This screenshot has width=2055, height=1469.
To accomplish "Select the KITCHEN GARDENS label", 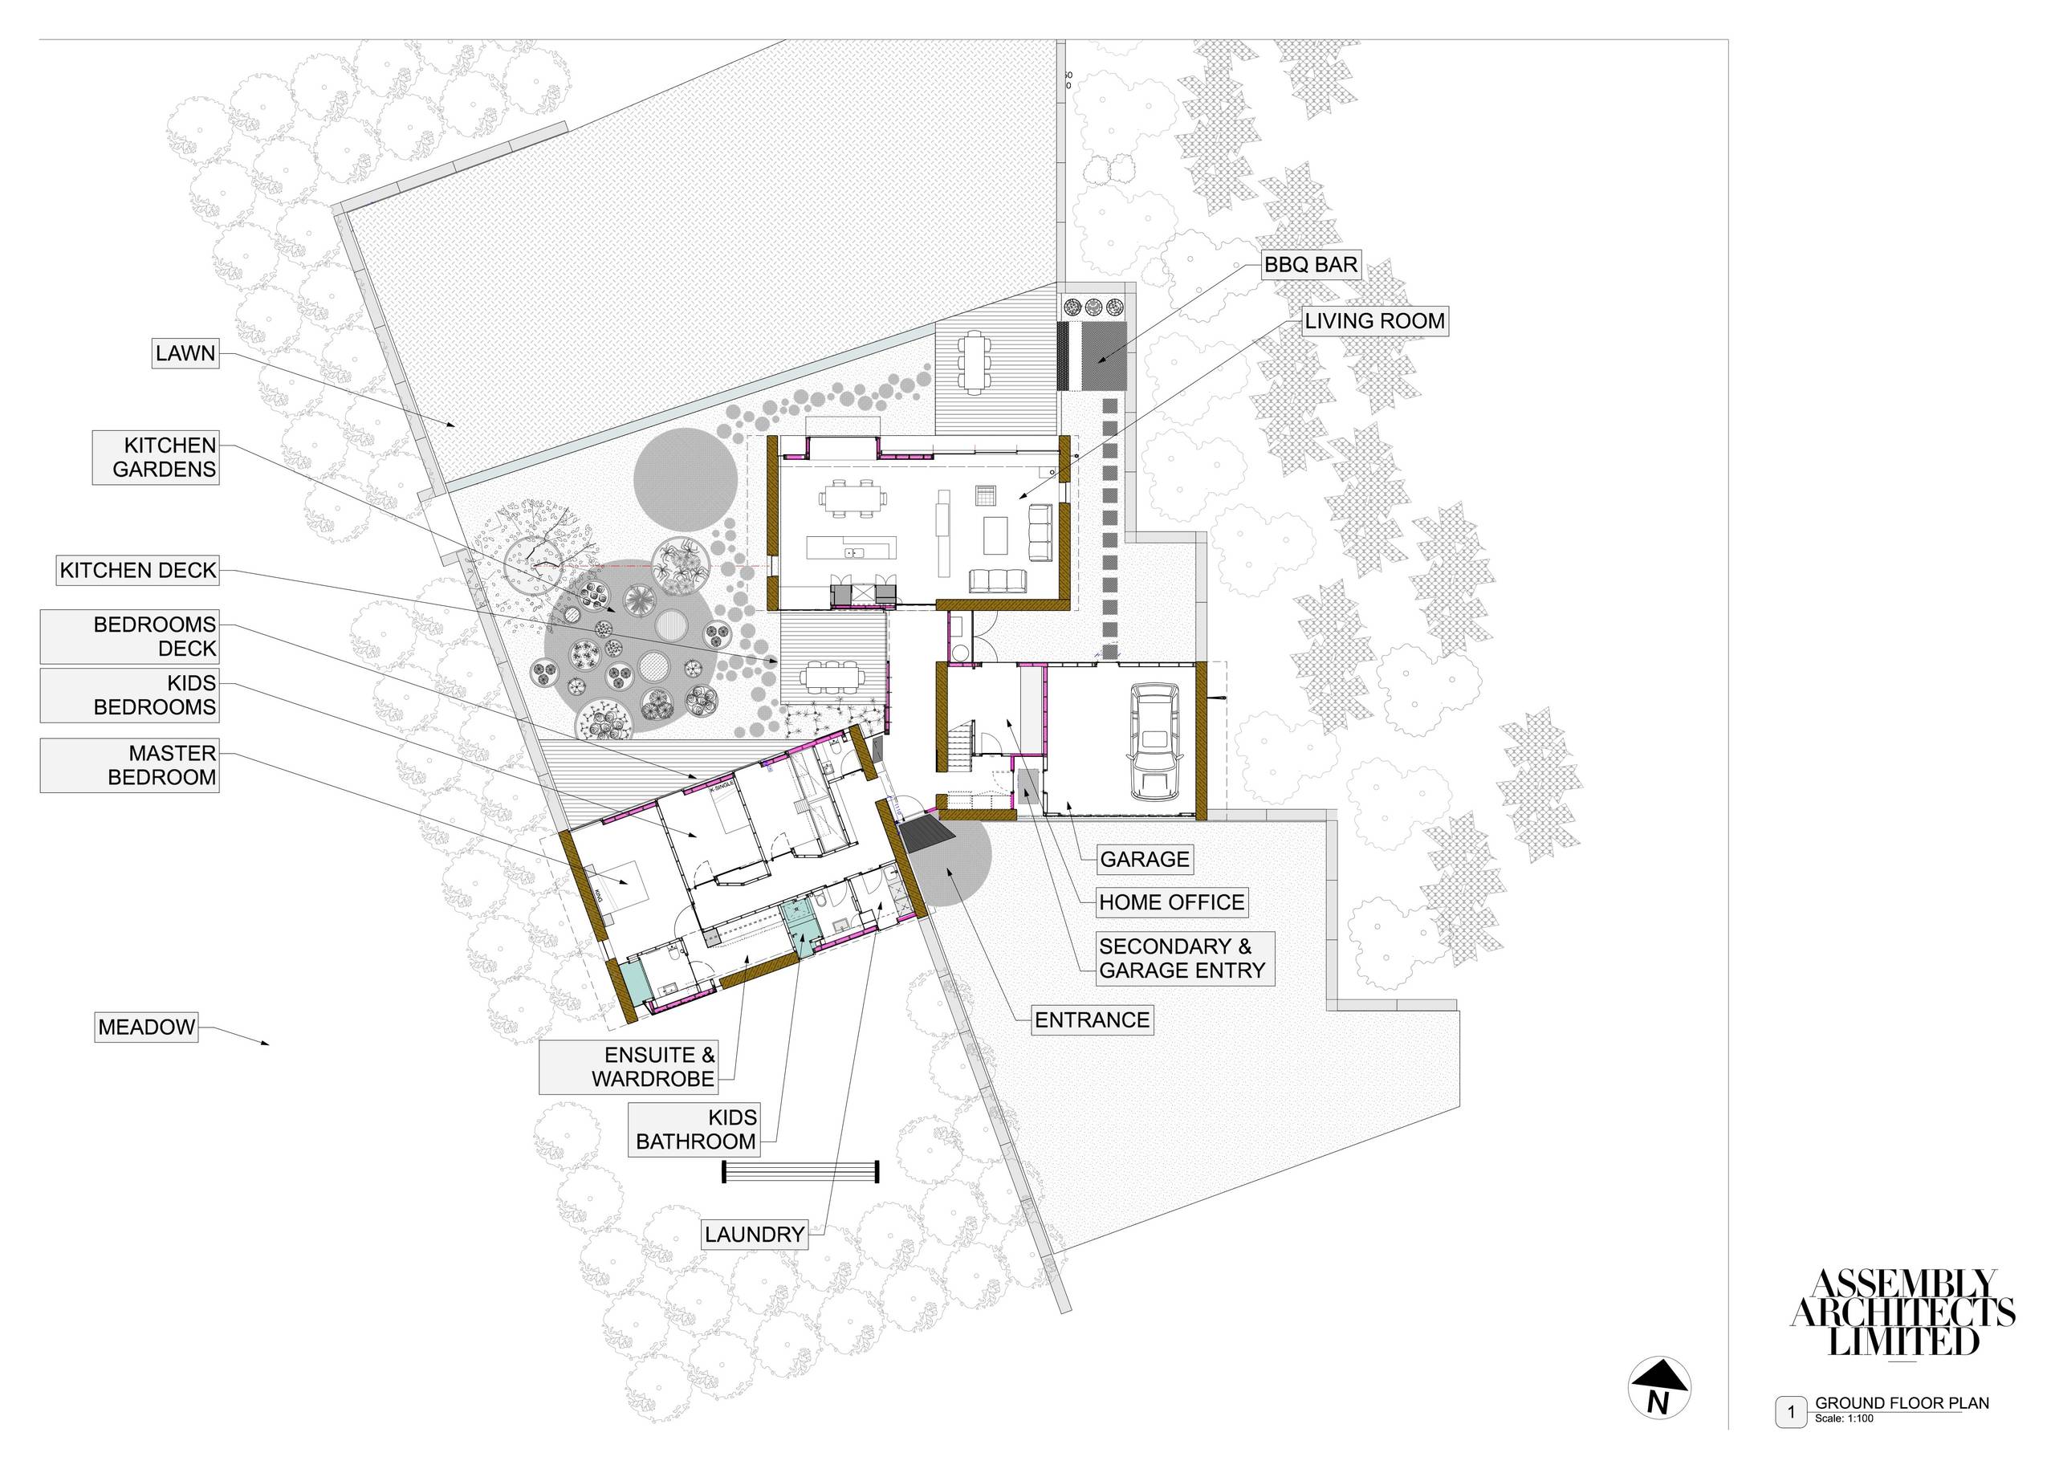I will (x=156, y=457).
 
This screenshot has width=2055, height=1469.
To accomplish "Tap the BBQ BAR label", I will (x=1311, y=266).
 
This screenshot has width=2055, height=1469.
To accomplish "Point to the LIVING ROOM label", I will (x=1374, y=321).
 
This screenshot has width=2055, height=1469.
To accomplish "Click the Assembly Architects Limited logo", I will (x=1903, y=1312).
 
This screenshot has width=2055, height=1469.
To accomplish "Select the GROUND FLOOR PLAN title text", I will (x=1901, y=1403).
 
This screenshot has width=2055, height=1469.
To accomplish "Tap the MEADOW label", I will (x=147, y=1027).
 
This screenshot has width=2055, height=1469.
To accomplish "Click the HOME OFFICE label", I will (x=1171, y=901).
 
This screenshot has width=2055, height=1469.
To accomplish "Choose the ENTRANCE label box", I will (x=1092, y=1019).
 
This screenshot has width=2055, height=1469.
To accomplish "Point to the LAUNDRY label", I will (x=755, y=1234).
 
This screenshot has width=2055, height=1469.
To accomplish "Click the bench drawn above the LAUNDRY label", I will (x=800, y=1172).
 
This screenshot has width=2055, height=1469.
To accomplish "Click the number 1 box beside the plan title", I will (x=1790, y=1412).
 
